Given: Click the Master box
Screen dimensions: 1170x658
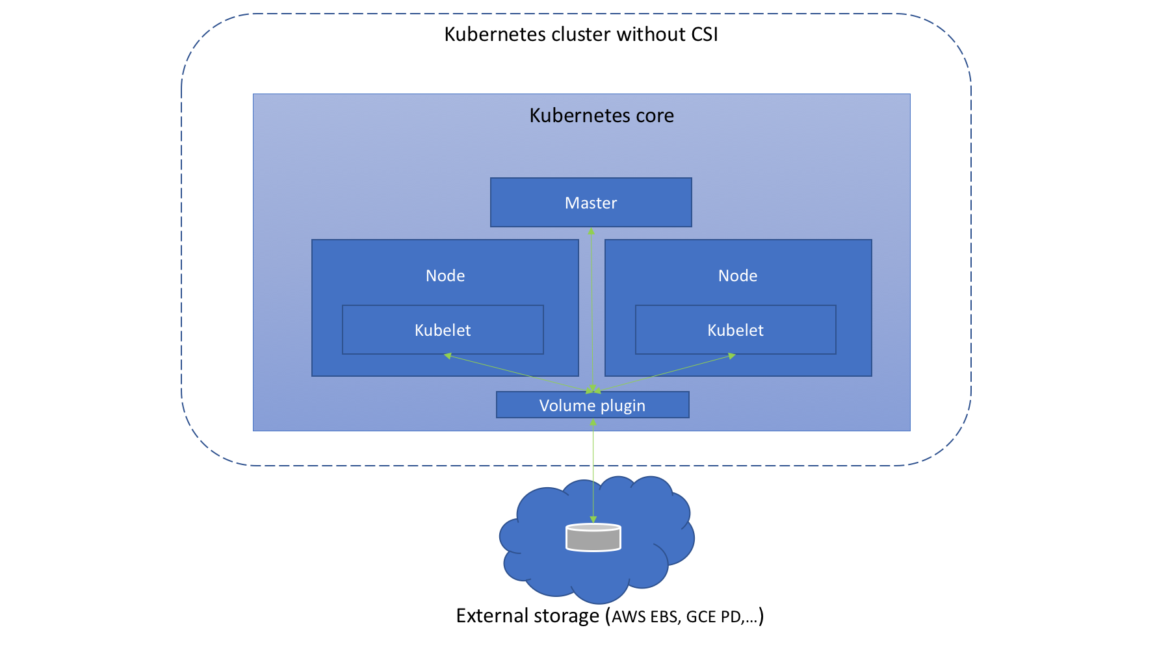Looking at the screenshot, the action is click(x=591, y=203).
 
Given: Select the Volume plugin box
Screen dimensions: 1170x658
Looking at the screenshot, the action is click(x=593, y=405).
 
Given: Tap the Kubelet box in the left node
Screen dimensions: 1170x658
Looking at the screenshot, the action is click(x=443, y=330).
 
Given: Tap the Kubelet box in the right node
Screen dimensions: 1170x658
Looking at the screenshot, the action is click(x=736, y=330).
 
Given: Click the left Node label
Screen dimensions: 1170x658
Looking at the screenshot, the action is click(x=445, y=275).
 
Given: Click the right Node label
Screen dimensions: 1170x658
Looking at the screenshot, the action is click(x=738, y=275).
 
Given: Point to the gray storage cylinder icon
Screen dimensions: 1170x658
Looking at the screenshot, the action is click(x=593, y=537).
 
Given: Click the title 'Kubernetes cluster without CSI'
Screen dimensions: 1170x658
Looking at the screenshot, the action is click(x=581, y=34).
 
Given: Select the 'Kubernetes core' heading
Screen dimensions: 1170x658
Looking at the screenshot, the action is click(x=602, y=115).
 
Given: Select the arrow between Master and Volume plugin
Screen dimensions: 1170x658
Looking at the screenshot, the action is click(x=591, y=310).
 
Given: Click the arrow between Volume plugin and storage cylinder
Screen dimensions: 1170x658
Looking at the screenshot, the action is click(x=593, y=471).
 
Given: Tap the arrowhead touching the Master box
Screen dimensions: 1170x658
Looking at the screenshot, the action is click(x=591, y=231).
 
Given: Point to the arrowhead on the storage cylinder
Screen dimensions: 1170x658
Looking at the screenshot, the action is click(x=593, y=520).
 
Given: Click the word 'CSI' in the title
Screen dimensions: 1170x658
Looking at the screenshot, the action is click(x=705, y=34).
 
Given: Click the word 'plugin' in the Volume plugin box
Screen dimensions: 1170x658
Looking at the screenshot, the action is click(x=623, y=406).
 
